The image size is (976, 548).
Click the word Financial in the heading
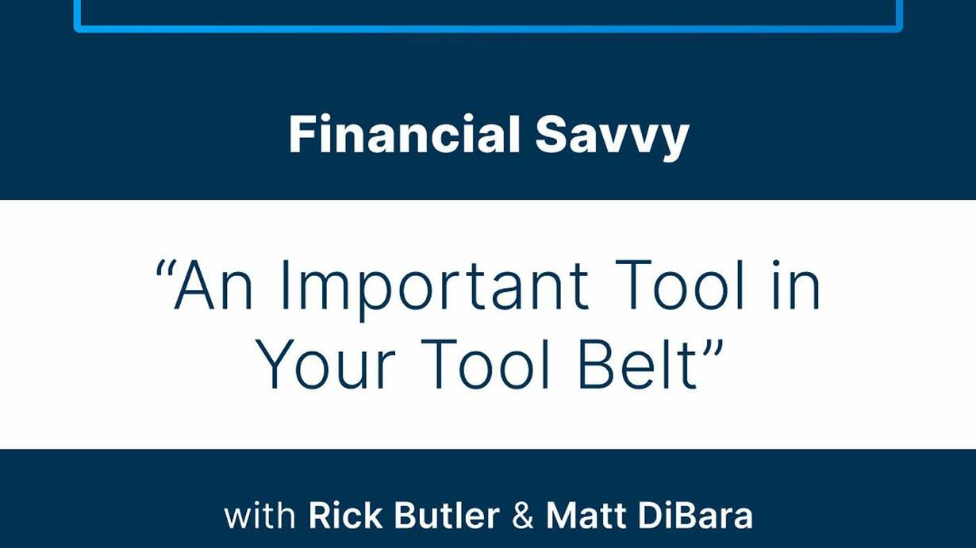tap(405, 134)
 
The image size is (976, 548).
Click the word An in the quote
tap(213, 285)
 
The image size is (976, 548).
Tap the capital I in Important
tap(285, 285)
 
